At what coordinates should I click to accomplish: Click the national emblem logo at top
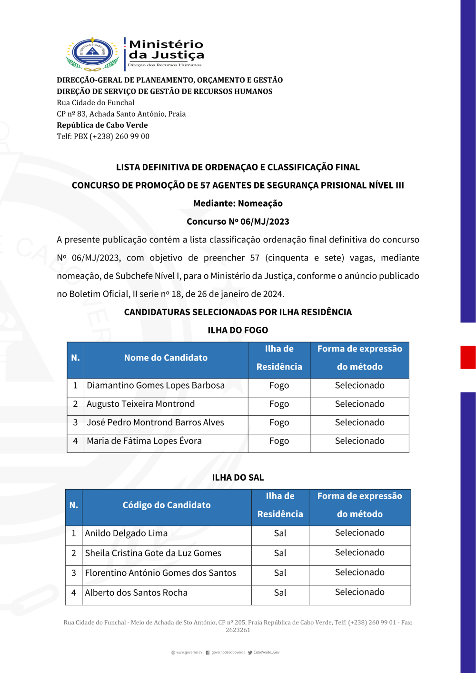(x=92, y=54)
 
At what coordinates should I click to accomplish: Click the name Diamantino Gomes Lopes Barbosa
(x=156, y=385)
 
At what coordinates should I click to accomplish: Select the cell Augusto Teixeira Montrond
(x=141, y=404)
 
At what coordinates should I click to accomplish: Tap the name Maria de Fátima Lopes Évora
(x=144, y=441)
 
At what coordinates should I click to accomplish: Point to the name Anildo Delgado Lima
(x=126, y=533)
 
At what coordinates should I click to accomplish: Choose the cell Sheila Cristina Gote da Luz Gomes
(x=153, y=553)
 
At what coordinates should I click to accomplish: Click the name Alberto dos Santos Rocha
(x=136, y=593)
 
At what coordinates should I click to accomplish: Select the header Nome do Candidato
(x=166, y=358)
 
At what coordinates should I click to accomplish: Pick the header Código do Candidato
(x=167, y=505)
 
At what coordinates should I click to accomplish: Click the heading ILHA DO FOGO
(x=238, y=330)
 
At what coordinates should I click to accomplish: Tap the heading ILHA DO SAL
(x=238, y=477)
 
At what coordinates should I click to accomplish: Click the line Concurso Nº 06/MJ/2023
(x=238, y=221)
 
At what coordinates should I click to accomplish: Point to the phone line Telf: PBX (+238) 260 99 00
(x=103, y=136)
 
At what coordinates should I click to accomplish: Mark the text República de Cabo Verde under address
(x=102, y=125)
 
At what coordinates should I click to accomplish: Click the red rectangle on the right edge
(x=468, y=357)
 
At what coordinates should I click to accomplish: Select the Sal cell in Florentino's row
(x=280, y=573)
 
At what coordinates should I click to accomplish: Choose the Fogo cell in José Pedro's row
(x=279, y=422)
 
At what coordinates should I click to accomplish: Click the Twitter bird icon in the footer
(x=250, y=653)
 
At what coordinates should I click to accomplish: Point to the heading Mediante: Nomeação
(x=238, y=203)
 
